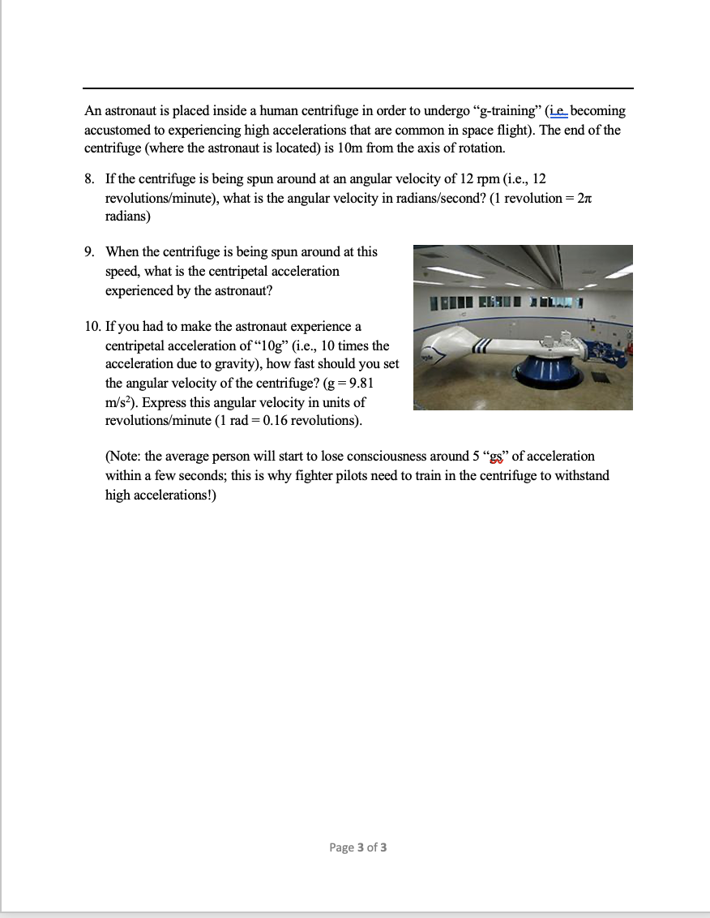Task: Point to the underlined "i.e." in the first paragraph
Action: (558, 111)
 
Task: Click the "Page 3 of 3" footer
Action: (357, 847)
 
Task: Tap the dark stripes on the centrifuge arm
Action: (481, 348)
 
